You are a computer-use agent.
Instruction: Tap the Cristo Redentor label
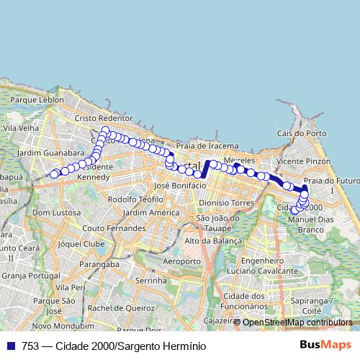[x=104, y=118]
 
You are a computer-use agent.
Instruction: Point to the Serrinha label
[x=151, y=277]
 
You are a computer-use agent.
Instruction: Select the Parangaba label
[x=100, y=265]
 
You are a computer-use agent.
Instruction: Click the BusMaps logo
[x=330, y=346]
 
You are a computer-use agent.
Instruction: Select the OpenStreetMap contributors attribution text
[x=297, y=322]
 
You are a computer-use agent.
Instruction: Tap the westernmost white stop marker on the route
[x=54, y=174]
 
